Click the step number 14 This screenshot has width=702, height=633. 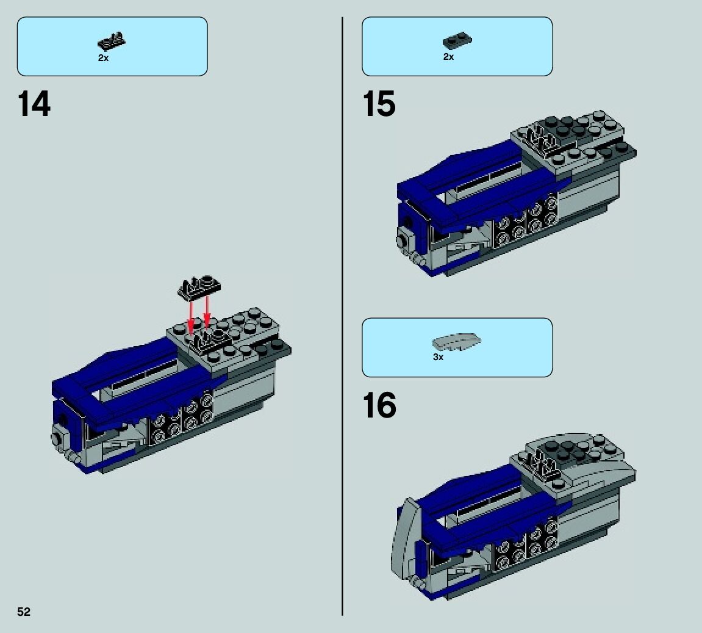(34, 104)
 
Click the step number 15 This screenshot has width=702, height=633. (379, 104)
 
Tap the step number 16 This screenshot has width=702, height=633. (379, 405)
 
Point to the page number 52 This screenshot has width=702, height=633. (24, 612)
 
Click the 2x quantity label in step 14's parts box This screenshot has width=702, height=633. (104, 58)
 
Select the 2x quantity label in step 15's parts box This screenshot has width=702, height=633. (449, 56)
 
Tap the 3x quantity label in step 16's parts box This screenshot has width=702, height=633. (439, 357)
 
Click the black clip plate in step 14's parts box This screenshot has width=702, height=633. (112, 42)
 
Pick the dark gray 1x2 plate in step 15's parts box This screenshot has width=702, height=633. (457, 41)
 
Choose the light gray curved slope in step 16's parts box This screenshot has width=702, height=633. (456, 342)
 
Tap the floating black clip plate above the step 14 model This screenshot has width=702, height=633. (199, 287)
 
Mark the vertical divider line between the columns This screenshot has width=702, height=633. (343, 316)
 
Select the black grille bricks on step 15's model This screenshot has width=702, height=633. (526, 222)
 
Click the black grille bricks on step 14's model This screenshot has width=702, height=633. (181, 418)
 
